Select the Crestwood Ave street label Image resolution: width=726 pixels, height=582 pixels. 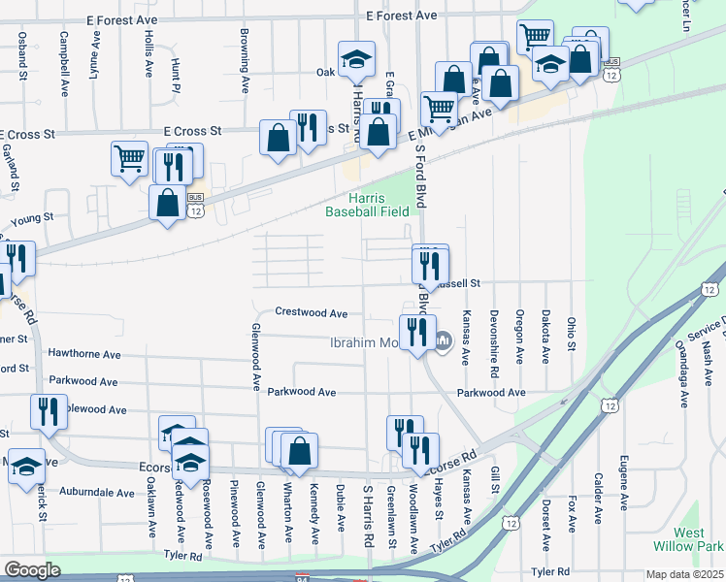312,313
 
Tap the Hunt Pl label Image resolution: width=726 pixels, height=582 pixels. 177,70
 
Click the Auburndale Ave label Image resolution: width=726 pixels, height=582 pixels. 97,493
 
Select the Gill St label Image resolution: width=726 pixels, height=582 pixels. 494,478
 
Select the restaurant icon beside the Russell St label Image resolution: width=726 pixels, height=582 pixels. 429,263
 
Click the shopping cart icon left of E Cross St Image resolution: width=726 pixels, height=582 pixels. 129,158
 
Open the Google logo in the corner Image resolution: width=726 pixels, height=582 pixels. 32,569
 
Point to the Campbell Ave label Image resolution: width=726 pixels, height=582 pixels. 63,55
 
